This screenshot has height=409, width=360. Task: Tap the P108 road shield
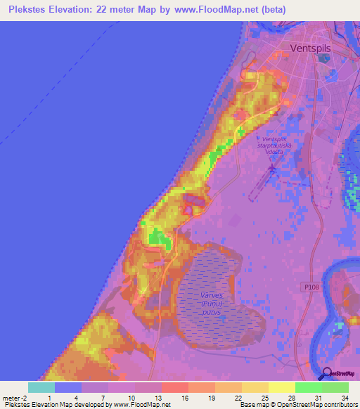point(313,287)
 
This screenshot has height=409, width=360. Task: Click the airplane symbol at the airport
point(273,169)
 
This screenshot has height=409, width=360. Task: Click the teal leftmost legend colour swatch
point(41,387)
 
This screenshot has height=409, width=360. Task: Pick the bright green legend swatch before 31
point(309,387)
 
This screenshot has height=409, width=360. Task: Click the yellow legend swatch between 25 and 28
point(255,387)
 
